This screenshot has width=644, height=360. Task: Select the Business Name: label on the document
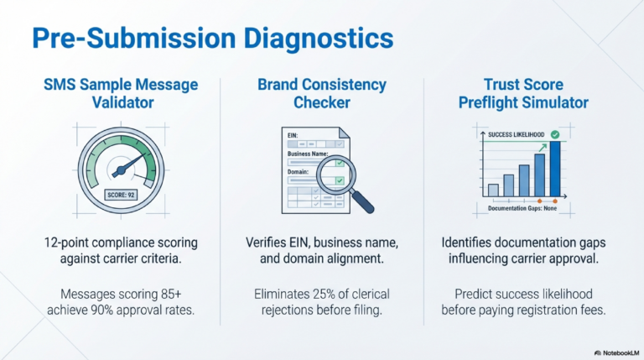309,153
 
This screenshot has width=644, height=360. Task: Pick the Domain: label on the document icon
299,171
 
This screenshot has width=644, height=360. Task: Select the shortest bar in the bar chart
493,189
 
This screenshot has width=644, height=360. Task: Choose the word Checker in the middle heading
322,104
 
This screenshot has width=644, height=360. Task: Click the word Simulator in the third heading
547,104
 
